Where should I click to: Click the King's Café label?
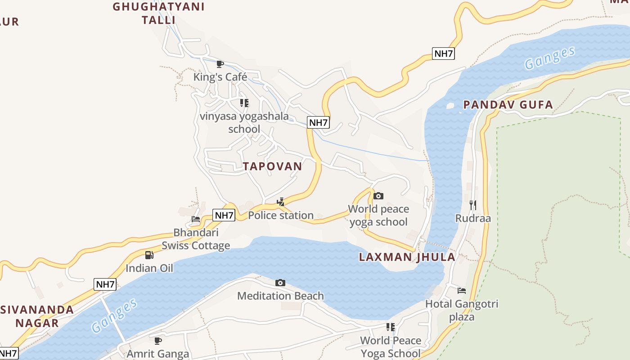(220, 77)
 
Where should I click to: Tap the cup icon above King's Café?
(220, 64)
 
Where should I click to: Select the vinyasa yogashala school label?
(244, 122)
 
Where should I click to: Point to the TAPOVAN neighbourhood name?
(273, 166)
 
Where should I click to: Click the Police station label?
(281, 215)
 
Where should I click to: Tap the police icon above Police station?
(281, 202)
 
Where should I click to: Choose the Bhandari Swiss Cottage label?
(196, 239)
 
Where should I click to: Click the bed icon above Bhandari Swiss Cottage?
(196, 220)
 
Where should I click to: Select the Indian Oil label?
(149, 268)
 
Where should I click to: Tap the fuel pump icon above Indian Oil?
(149, 255)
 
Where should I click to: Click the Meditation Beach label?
(280, 296)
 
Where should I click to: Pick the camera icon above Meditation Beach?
(280, 283)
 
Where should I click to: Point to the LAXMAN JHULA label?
(407, 257)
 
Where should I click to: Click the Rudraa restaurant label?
(473, 218)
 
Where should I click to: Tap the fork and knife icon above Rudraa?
(473, 205)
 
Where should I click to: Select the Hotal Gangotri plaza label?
(462, 310)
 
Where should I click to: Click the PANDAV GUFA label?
(508, 105)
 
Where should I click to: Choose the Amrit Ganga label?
(157, 354)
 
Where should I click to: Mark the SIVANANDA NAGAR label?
(37, 316)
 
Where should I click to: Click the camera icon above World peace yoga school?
(378, 196)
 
